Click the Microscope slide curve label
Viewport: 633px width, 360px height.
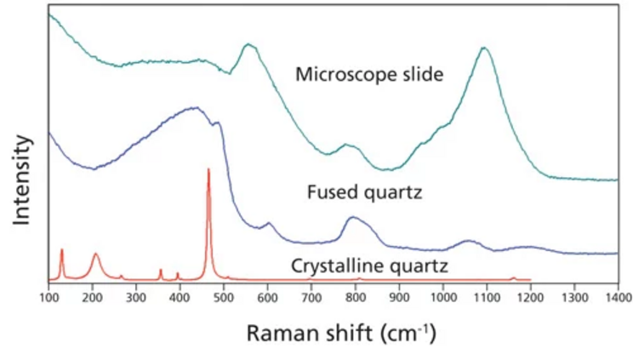[369, 75]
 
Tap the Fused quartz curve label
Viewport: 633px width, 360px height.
[364, 192]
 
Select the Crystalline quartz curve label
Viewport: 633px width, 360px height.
[368, 266]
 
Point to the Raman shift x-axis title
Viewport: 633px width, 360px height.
[340, 332]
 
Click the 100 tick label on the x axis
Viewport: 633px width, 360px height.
[48, 298]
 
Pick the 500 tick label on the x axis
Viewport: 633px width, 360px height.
[224, 298]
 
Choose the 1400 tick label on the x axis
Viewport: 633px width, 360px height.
[618, 298]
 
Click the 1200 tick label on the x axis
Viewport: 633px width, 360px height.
[530, 298]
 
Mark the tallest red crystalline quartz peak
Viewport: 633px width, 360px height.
[208, 170]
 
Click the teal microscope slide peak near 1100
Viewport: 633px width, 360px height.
[485, 49]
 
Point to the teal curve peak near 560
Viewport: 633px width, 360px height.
[248, 44]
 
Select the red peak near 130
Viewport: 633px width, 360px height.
[62, 250]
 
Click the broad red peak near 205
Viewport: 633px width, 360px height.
[95, 254]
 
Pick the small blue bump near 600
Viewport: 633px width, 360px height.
[268, 224]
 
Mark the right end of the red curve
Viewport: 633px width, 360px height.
[530, 279]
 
